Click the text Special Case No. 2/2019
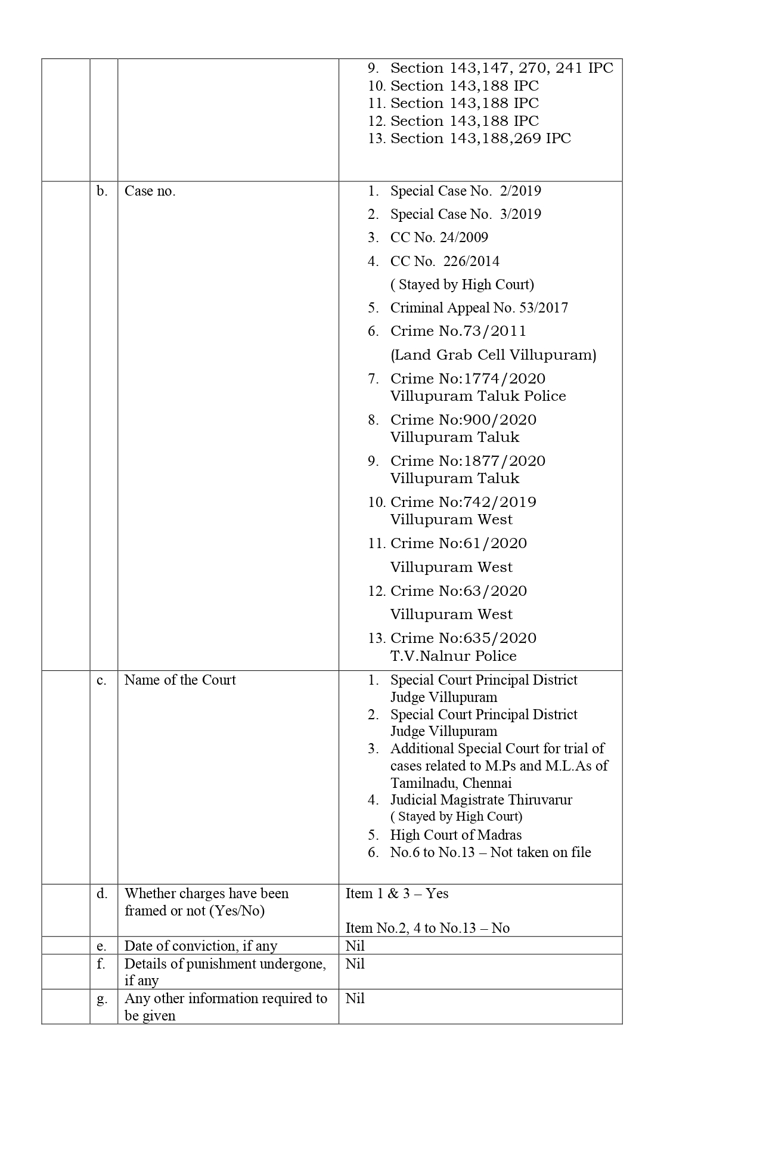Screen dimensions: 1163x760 pos(466,191)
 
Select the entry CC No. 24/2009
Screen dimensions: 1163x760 pos(439,237)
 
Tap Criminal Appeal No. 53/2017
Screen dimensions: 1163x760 pos(479,308)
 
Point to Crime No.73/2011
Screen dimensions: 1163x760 pos(458,331)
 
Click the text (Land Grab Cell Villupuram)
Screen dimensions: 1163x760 pos(493,355)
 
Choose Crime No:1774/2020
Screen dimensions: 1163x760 pos(467,379)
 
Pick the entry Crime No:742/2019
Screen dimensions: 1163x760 pos(463,502)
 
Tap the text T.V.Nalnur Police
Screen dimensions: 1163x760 pos(453,656)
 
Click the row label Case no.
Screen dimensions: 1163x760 pos(150,191)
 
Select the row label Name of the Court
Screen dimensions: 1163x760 pos(179,680)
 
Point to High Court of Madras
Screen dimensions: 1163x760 pos(455,835)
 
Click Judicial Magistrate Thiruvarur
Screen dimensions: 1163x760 pos(481,800)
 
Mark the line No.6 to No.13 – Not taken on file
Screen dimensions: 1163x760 pos(490,852)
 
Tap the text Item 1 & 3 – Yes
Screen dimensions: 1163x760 pos(396,893)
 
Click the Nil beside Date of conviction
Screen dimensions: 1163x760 pos(355,946)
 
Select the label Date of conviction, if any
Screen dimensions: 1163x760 pos(200,946)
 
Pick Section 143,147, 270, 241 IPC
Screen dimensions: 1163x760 pos(501,68)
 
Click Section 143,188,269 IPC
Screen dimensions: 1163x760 pos(480,138)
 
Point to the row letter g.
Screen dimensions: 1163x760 pos(102,998)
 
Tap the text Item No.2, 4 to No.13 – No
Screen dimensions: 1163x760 pos(427,928)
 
